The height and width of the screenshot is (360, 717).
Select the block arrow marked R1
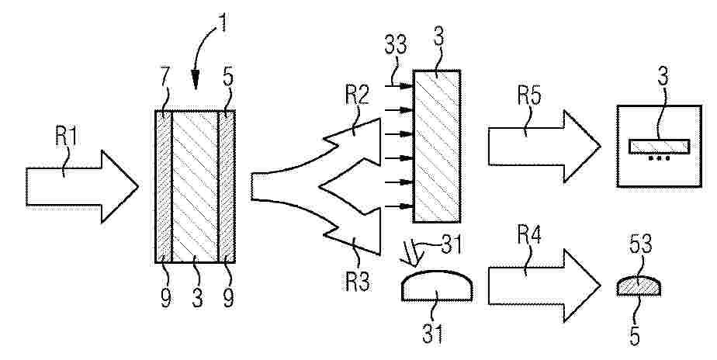click(81, 187)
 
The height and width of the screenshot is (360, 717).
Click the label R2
click(357, 96)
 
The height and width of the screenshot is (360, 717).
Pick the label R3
click(358, 282)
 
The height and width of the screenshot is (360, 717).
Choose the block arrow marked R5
click(544, 147)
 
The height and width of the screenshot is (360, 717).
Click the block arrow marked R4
click(544, 286)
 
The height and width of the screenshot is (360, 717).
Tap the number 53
click(640, 245)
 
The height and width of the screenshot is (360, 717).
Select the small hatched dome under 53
click(639, 286)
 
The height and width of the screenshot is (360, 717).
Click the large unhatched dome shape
click(437, 286)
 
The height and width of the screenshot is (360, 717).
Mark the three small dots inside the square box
click(659, 158)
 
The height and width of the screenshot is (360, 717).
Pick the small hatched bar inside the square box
click(659, 146)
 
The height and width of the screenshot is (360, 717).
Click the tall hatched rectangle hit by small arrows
click(437, 146)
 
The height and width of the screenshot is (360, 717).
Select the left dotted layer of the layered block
click(164, 187)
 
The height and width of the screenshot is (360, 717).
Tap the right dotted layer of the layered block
click(227, 187)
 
